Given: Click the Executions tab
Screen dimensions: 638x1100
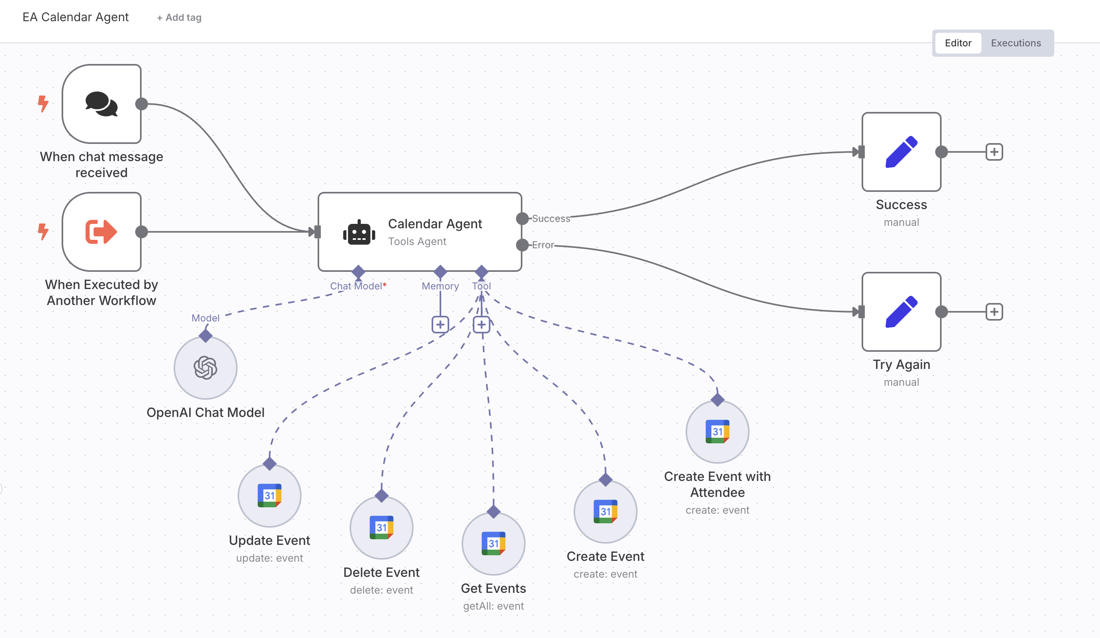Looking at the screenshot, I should pos(1015,43).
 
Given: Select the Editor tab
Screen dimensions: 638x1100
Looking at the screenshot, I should pos(958,43).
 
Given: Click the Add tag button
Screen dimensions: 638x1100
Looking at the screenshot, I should pos(180,18).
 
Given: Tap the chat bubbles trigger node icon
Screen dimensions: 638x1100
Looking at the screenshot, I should pos(101,104).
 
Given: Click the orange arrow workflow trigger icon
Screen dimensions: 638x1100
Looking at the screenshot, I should pos(101,231).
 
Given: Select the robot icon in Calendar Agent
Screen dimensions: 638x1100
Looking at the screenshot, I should pos(359,232).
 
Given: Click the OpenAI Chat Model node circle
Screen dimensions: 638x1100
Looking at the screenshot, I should pos(205,368).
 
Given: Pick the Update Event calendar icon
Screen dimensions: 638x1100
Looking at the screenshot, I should pos(269,495).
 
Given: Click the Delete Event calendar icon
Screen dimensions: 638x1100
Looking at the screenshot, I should pos(381,527).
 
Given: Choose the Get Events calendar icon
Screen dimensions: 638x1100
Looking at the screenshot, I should pos(493,543).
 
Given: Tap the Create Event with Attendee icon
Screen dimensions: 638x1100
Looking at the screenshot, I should pos(717,431).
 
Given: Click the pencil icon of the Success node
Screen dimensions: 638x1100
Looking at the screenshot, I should pos(901,152).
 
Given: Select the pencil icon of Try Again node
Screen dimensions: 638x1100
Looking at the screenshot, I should pos(901,311).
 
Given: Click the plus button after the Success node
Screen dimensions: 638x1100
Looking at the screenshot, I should pos(994,152).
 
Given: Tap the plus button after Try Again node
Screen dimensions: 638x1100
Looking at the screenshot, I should pos(994,312).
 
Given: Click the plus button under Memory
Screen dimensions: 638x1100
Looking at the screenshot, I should pos(440,325).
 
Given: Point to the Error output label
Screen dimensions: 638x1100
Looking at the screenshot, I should pos(542,245).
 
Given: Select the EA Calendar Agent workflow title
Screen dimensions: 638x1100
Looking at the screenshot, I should pos(76,17).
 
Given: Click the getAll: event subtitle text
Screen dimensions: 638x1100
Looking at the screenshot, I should pos(493,606).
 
